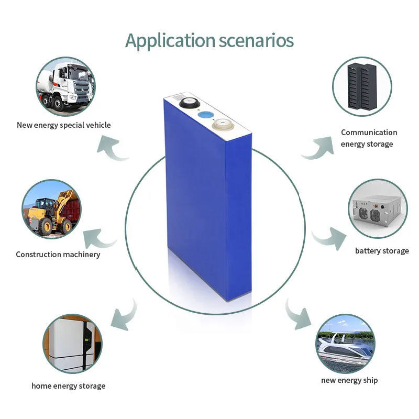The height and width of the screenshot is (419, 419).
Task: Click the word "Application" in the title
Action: [170, 40]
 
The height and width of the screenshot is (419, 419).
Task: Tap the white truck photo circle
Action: [65, 86]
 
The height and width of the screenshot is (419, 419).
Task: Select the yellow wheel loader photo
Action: [51, 209]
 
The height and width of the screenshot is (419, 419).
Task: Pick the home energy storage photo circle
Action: [72, 343]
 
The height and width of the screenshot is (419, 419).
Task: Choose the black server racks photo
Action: [362, 86]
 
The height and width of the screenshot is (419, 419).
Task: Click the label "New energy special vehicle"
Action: [63, 125]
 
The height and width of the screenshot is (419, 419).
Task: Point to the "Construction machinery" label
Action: [58, 255]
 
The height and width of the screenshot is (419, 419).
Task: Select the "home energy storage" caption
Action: [68, 386]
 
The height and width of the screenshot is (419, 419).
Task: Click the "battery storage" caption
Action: [382, 251]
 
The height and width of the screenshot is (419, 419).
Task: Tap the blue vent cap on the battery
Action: [206, 116]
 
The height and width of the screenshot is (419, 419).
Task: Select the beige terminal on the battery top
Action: [222, 125]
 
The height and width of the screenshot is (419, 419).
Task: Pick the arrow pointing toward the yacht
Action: [297, 315]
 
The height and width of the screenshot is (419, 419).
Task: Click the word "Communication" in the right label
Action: [369, 133]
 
